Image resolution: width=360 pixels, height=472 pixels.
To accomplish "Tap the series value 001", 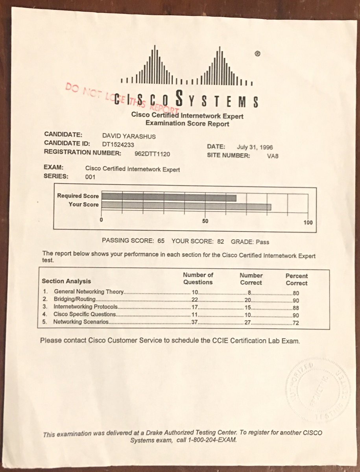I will [90, 177].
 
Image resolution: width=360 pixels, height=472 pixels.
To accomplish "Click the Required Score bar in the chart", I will [169, 197].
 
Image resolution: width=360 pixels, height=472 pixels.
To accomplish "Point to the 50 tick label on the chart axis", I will [205, 221].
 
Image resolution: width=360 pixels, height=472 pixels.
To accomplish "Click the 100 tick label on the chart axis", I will [308, 223].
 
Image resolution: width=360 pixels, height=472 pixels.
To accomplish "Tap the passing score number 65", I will [161, 241].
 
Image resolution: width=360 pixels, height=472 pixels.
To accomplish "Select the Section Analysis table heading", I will [66, 281].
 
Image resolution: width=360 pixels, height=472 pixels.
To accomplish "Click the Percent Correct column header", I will [297, 279].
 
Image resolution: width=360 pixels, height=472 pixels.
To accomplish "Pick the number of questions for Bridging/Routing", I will [194, 300].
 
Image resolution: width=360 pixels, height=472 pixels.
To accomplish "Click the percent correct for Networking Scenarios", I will [296, 323].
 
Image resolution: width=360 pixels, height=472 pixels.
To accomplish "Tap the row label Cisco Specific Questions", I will [85, 315].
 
